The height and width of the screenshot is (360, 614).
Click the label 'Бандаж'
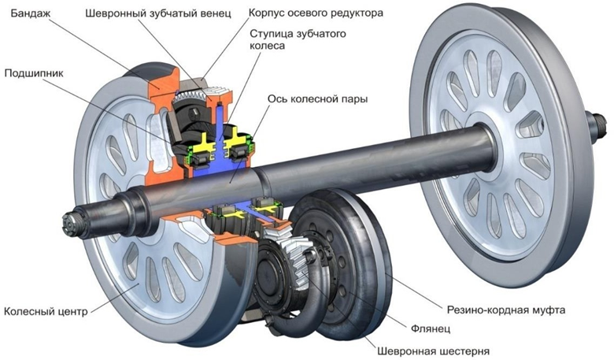29,13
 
